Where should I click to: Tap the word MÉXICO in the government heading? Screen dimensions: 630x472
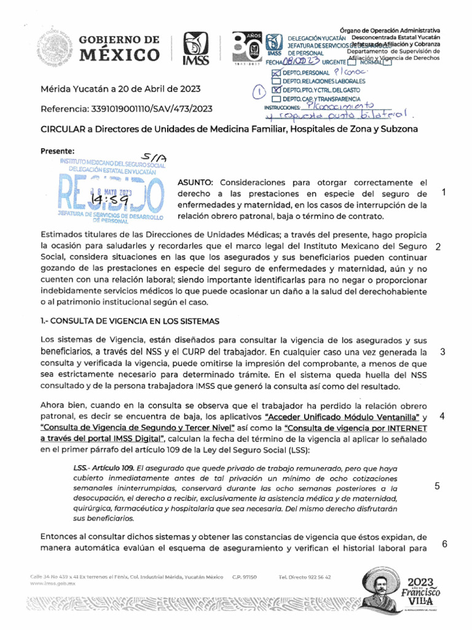120,56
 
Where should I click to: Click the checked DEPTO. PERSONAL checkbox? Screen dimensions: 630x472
276,73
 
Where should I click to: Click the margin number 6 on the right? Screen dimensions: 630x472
444,544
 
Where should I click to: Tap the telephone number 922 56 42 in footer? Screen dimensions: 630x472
317,577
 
